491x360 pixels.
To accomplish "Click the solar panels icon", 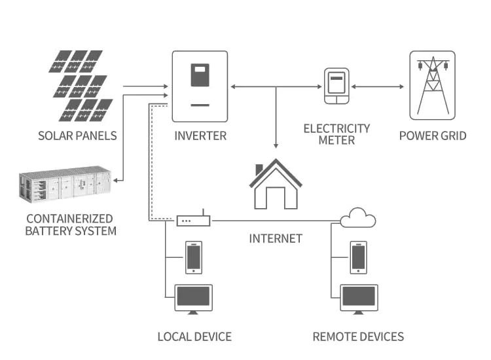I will pos(80,86).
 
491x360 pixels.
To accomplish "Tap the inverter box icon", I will pos(200,86).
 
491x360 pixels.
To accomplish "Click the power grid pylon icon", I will pos(432,85).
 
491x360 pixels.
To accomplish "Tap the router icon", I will pos(193,220).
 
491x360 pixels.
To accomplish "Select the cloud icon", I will pos(358,218).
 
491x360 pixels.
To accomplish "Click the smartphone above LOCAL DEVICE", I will pos(194,257).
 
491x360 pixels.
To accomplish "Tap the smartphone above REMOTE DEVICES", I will pos(358,257).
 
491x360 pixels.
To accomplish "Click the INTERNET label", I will pos(276,238).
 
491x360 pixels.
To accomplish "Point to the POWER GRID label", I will pos(433,136).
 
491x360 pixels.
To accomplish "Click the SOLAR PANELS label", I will pos(77,136).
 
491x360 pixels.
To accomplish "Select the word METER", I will pos(336,140).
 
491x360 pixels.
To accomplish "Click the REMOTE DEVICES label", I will pos(358,337).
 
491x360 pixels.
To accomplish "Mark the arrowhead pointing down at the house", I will pos(276,148).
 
